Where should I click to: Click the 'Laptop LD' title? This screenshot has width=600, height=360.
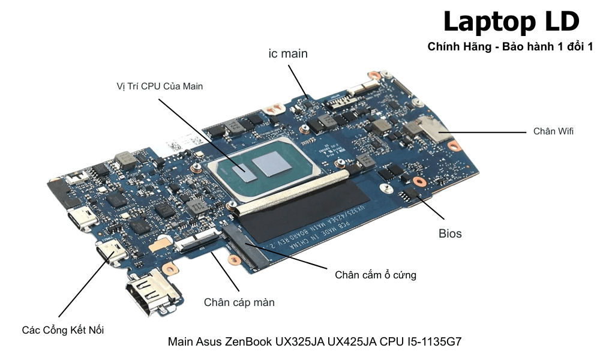click(x=511, y=22)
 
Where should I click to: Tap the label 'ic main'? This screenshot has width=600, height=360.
click(x=288, y=53)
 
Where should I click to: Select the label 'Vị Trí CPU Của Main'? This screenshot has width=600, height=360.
click(x=160, y=86)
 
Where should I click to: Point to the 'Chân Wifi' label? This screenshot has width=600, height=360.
click(x=553, y=131)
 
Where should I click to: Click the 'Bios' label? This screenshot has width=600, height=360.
click(x=450, y=233)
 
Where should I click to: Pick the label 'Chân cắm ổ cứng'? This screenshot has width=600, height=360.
click(x=376, y=275)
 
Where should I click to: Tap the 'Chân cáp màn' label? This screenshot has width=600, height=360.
click(x=239, y=302)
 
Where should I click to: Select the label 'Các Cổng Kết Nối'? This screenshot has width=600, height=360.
click(x=67, y=330)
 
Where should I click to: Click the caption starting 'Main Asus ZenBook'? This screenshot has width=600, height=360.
click(x=314, y=342)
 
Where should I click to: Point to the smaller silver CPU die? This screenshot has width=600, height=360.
click(x=245, y=170)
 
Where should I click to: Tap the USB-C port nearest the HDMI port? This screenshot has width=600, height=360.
click(x=112, y=253)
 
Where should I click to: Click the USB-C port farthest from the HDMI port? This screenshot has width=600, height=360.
click(x=82, y=220)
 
